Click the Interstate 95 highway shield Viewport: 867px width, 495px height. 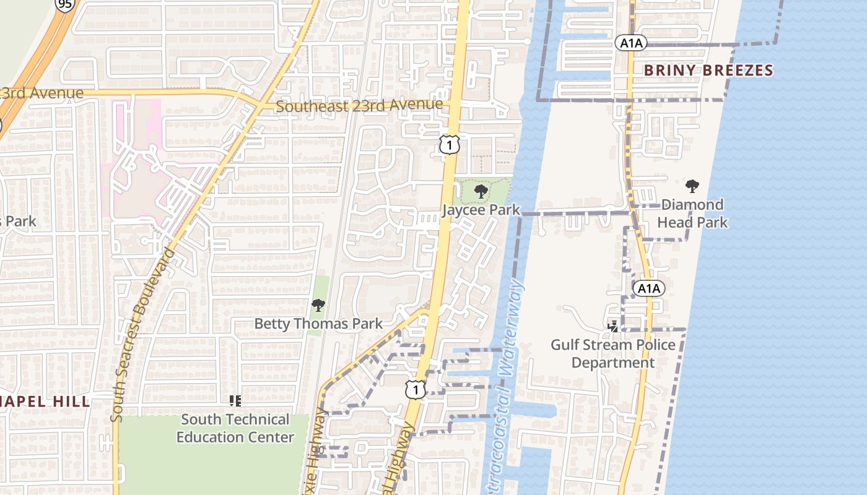[64, 5]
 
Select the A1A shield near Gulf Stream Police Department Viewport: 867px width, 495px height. [648, 288]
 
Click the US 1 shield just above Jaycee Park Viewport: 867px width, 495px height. [450, 145]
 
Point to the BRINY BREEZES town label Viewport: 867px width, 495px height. [708, 70]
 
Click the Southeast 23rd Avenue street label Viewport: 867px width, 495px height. [359, 106]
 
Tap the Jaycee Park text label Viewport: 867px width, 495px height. [481, 210]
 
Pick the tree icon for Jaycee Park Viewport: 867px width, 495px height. [481, 192]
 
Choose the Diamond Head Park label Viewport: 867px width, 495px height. [692, 213]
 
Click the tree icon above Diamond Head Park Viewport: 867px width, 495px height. [692, 186]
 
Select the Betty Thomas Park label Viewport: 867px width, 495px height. [318, 324]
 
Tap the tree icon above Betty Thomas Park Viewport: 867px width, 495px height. [318, 305]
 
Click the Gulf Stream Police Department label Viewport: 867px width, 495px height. [613, 353]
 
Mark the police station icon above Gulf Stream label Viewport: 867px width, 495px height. [613, 326]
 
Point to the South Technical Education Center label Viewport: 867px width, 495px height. [235, 428]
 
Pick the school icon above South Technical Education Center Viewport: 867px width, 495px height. [235, 401]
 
